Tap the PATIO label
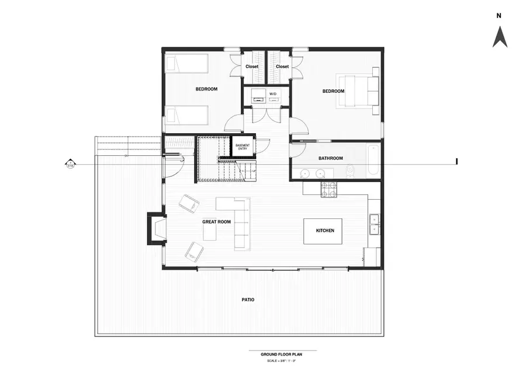tap(248, 300)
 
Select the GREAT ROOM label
tap(216, 222)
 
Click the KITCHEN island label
tap(325, 231)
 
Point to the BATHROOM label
tap(330, 158)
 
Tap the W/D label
tap(272, 93)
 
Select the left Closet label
tap(252, 67)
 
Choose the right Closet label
tap(282, 67)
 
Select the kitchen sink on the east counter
tap(374, 224)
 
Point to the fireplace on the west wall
tap(155, 229)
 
